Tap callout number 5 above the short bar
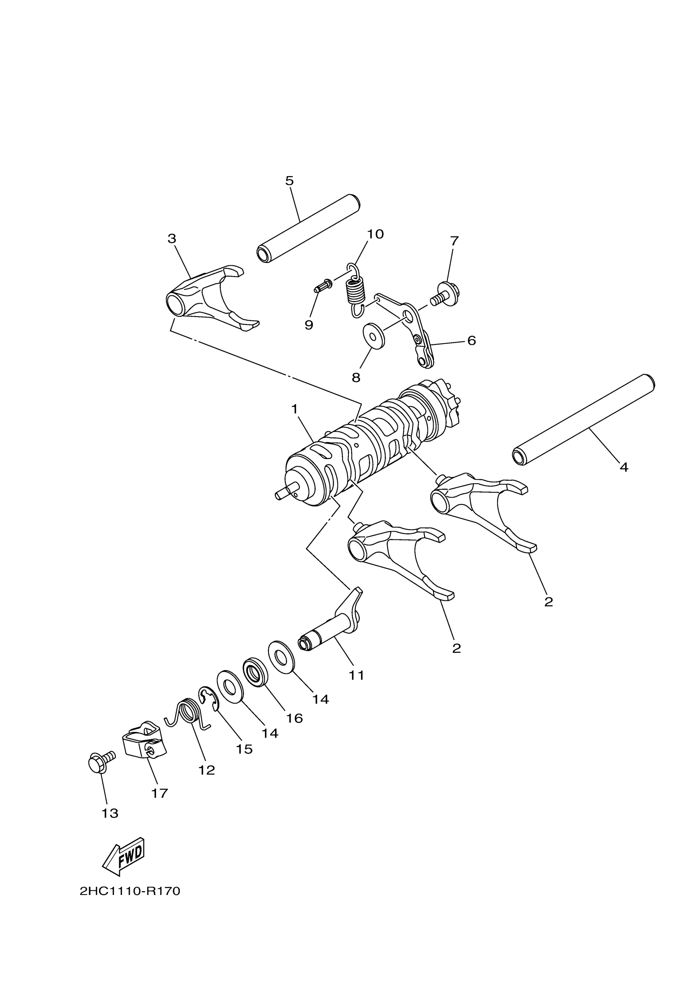(289, 181)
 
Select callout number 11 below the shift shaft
(356, 675)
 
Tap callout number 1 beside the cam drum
(294, 409)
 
